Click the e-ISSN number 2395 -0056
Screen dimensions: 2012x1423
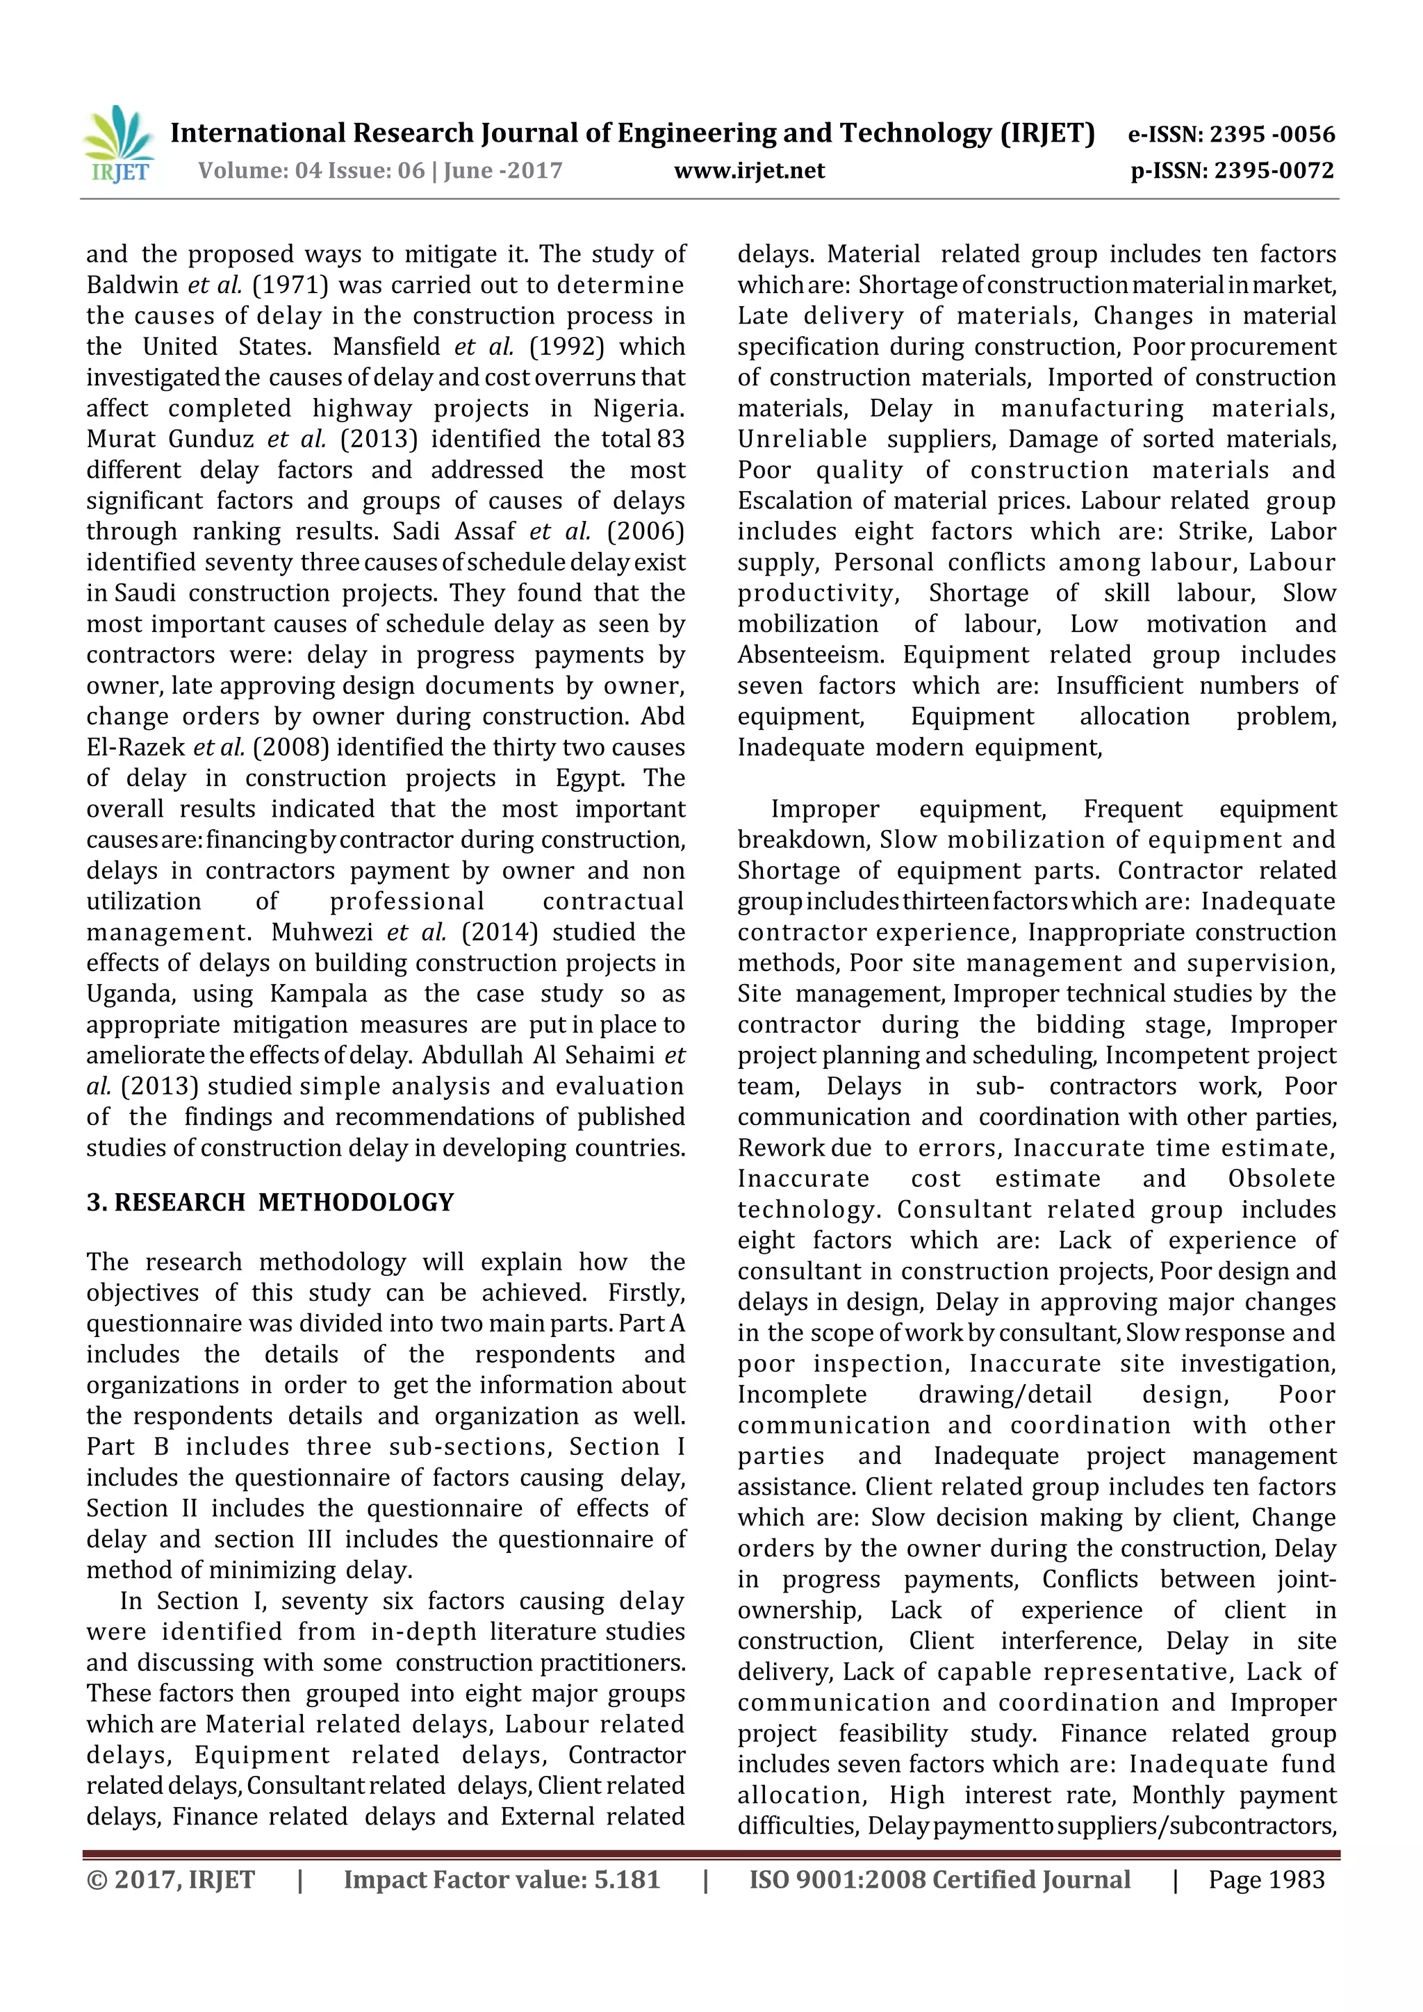click(x=1272, y=134)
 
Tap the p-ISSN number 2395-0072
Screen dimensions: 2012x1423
click(x=1273, y=171)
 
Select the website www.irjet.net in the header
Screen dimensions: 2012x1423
click(x=749, y=171)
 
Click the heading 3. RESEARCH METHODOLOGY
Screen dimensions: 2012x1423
click(x=270, y=1202)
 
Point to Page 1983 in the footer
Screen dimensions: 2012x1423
click(x=1266, y=1879)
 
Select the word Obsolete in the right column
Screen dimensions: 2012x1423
click(x=1282, y=1179)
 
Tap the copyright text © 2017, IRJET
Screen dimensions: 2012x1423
click(x=170, y=1879)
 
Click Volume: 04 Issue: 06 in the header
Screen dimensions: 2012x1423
click(x=311, y=171)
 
